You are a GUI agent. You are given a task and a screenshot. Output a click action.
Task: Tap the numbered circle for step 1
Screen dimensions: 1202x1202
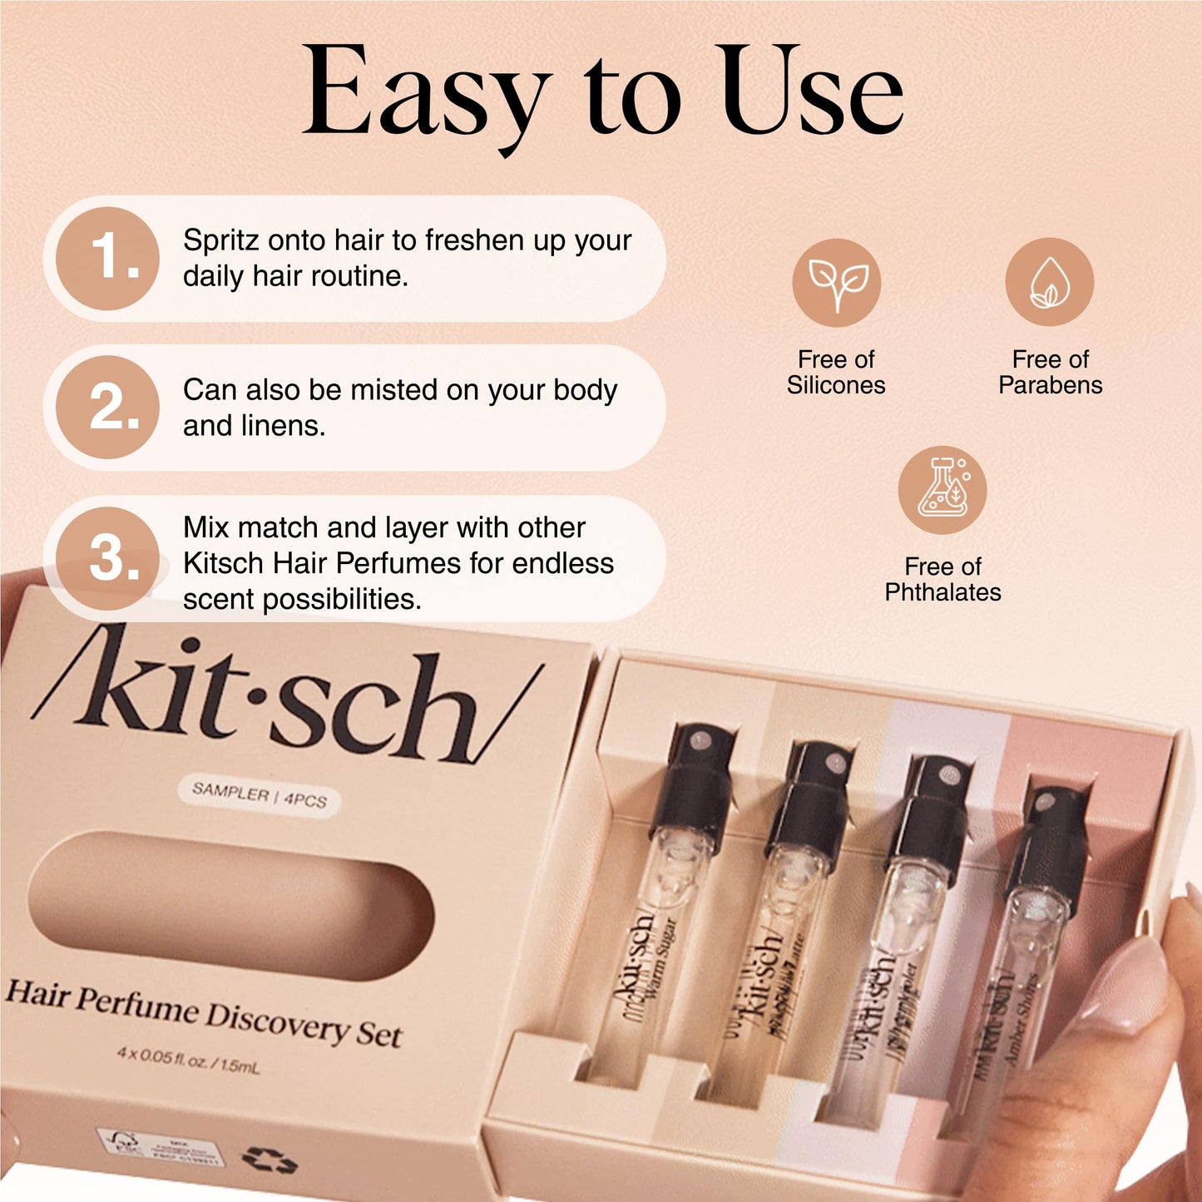coord(108,258)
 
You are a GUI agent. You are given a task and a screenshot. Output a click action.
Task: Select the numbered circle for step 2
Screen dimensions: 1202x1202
coord(108,408)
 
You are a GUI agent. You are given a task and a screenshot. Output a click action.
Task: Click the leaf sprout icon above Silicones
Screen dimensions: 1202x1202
coord(836,282)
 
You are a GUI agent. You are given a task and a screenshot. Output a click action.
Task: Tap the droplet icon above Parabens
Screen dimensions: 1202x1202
coord(1049,282)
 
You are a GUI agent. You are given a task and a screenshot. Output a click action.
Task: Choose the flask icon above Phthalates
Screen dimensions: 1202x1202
coord(942,491)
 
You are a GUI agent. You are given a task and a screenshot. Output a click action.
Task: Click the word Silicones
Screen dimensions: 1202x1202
coord(836,385)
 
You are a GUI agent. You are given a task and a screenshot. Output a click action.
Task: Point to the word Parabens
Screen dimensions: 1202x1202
coord(1050,385)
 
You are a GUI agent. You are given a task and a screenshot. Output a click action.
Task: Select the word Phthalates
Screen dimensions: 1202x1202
coord(942,592)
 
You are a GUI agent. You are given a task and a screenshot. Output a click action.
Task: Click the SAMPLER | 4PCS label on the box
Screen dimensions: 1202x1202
coord(259,795)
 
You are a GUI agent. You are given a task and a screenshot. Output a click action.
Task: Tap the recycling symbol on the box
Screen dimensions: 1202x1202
coord(269,1159)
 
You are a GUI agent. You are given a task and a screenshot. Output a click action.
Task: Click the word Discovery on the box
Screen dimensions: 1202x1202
coord(277,1021)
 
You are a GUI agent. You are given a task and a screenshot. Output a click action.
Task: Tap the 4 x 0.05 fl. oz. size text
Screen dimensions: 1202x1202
coord(188,1060)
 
